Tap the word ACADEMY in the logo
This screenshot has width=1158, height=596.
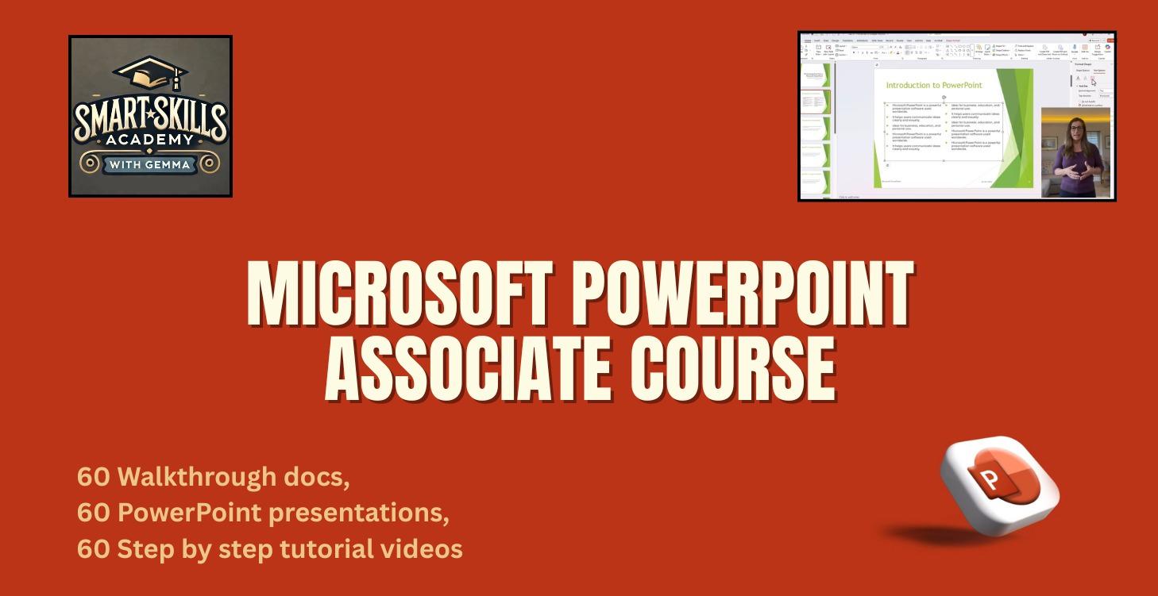point(150,140)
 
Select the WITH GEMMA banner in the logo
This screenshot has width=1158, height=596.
point(150,164)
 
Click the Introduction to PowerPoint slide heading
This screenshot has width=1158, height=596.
point(933,85)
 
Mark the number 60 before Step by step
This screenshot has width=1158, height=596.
point(93,548)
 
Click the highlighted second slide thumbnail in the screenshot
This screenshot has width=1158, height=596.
point(816,102)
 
